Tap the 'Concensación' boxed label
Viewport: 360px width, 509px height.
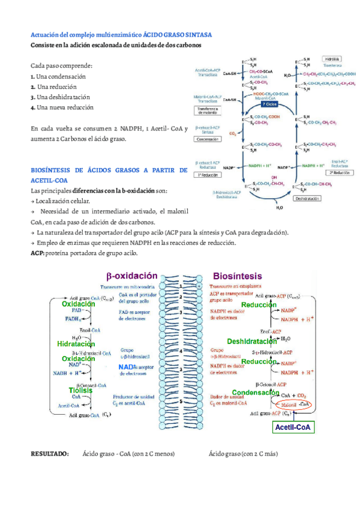(207, 139)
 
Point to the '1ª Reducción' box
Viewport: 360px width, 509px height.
(208, 175)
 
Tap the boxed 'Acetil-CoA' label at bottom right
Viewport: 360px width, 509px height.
(292, 427)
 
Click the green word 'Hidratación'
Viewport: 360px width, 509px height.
(76, 344)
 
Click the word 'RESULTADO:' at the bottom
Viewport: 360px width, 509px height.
(50, 454)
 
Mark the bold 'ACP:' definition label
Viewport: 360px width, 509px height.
(38, 253)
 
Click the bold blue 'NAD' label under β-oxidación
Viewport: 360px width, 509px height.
(126, 367)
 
